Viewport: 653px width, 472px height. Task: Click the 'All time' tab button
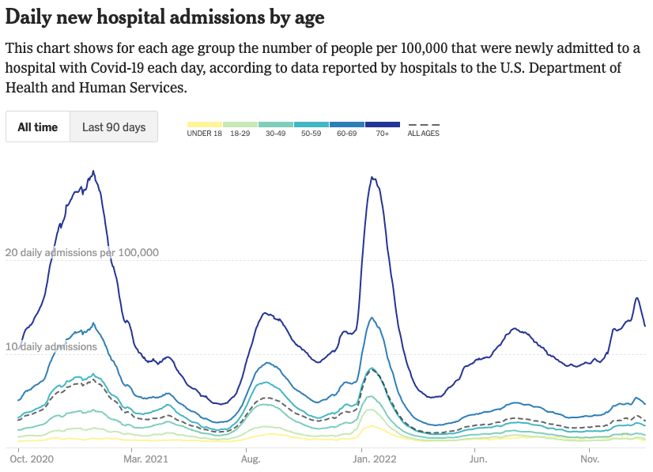pyautogui.click(x=38, y=126)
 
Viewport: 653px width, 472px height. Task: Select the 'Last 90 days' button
pyautogui.click(x=114, y=126)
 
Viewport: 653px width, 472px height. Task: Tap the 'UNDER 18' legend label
pyautogui.click(x=204, y=134)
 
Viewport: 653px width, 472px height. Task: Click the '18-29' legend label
pyautogui.click(x=240, y=134)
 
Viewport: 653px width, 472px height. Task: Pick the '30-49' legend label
pyautogui.click(x=276, y=134)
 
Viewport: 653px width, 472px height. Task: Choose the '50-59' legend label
pyautogui.click(x=311, y=134)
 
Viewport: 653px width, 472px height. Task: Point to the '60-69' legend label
pyautogui.click(x=347, y=134)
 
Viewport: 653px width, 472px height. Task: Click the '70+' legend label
pyautogui.click(x=383, y=134)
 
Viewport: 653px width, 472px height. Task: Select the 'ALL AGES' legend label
pyautogui.click(x=423, y=134)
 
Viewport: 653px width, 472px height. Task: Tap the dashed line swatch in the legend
pyautogui.click(x=423, y=125)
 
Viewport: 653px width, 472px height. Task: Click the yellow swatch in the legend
pyautogui.click(x=205, y=125)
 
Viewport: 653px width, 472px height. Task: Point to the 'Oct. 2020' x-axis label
pyautogui.click(x=31, y=459)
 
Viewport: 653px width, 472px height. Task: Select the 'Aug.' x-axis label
pyautogui.click(x=251, y=459)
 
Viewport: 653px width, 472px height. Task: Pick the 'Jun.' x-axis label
pyautogui.click(x=477, y=459)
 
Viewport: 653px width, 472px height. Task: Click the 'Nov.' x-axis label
pyautogui.click(x=590, y=459)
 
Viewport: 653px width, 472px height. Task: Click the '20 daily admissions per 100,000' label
pyautogui.click(x=82, y=253)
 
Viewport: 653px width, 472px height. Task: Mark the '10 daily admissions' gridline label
pyautogui.click(x=51, y=346)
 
